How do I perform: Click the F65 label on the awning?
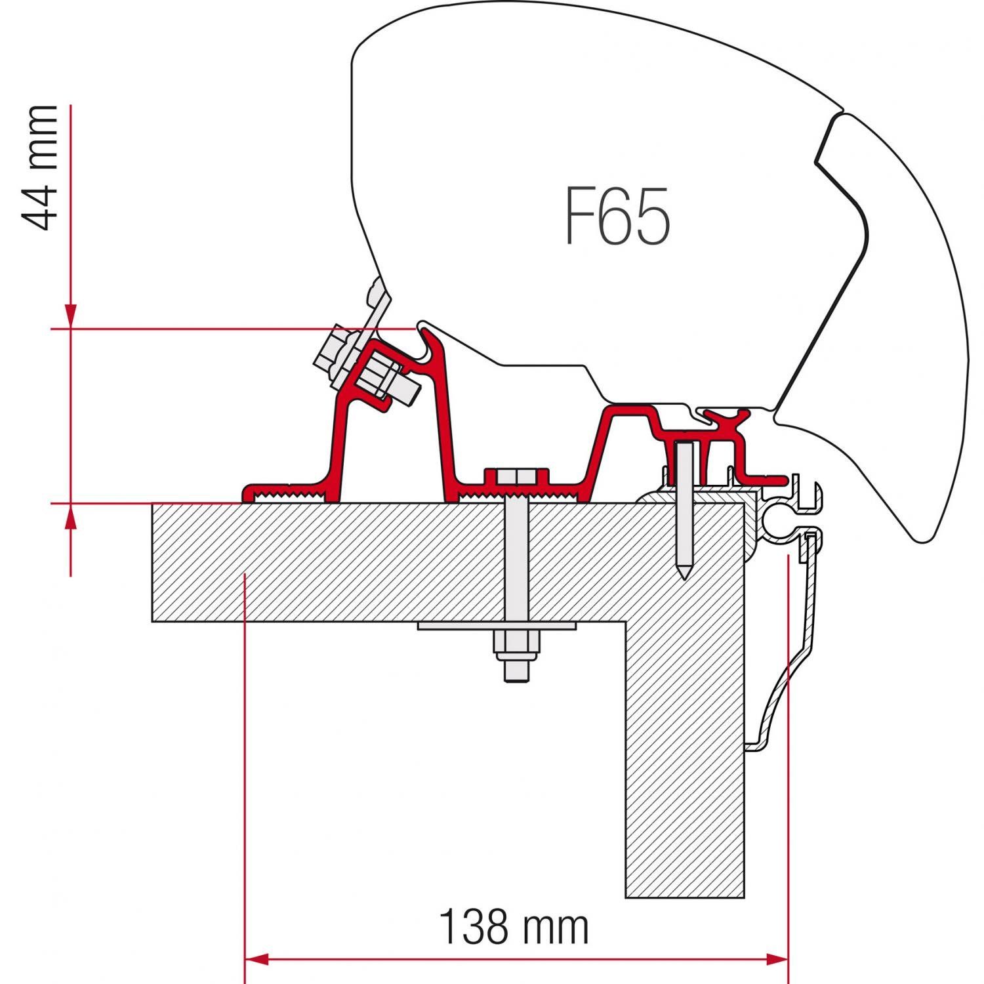(617, 216)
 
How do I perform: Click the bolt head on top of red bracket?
(516, 476)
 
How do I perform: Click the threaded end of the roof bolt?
(516, 672)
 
